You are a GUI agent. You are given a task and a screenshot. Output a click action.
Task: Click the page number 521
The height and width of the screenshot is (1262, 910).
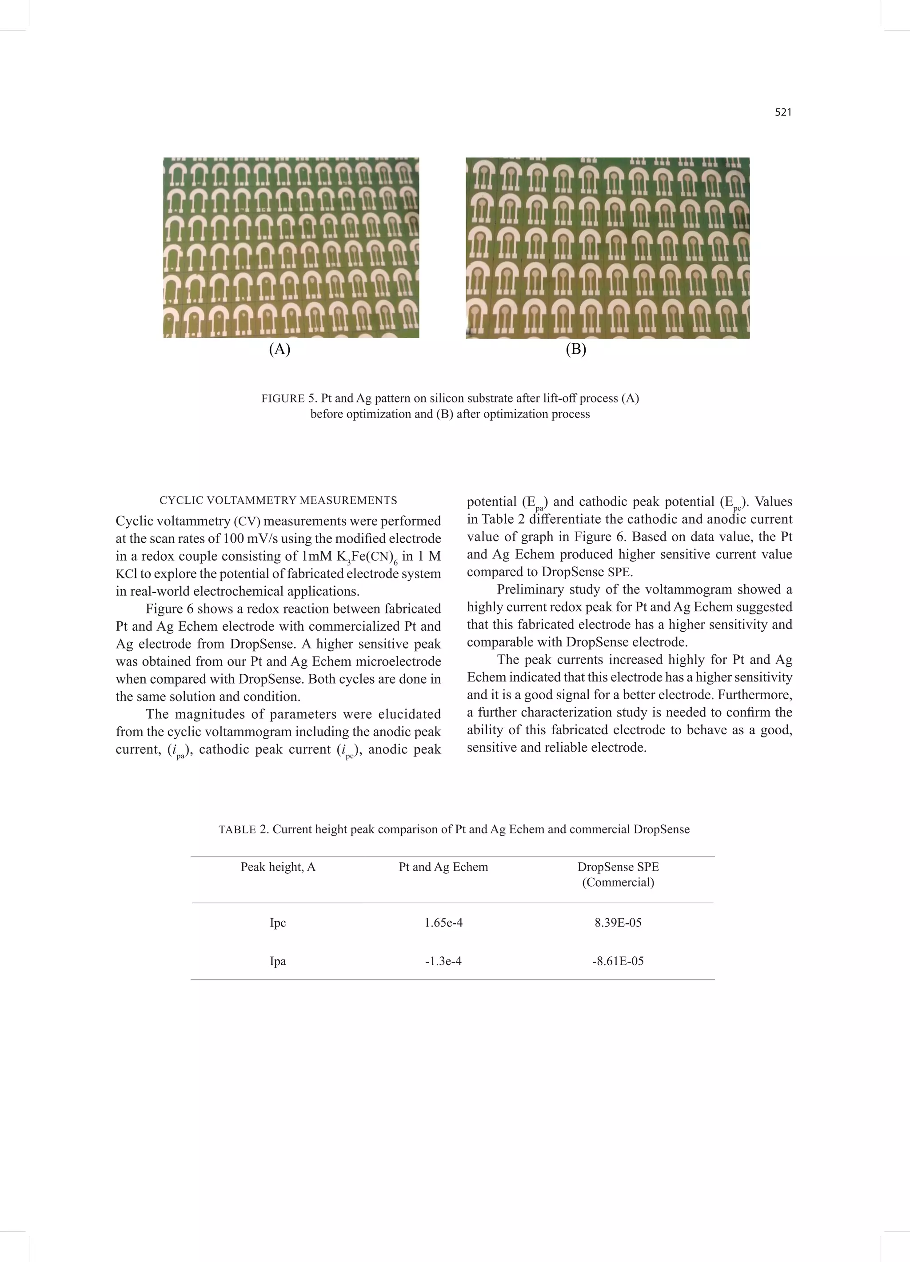(782, 112)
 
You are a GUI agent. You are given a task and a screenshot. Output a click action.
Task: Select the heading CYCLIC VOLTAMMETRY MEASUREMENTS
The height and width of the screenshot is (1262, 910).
(278, 500)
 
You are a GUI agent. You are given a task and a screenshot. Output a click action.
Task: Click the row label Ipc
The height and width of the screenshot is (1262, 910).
(278, 923)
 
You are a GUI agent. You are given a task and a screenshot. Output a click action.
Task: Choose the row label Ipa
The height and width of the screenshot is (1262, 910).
(278, 961)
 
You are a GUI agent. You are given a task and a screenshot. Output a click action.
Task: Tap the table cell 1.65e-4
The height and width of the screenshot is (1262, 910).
(443, 923)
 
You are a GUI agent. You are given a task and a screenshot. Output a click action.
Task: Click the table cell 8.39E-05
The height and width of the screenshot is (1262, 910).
(618, 923)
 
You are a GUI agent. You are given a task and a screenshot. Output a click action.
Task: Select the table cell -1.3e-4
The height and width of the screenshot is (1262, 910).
(443, 961)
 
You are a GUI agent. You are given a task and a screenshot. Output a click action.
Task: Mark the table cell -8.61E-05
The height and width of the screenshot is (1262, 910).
(618, 961)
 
